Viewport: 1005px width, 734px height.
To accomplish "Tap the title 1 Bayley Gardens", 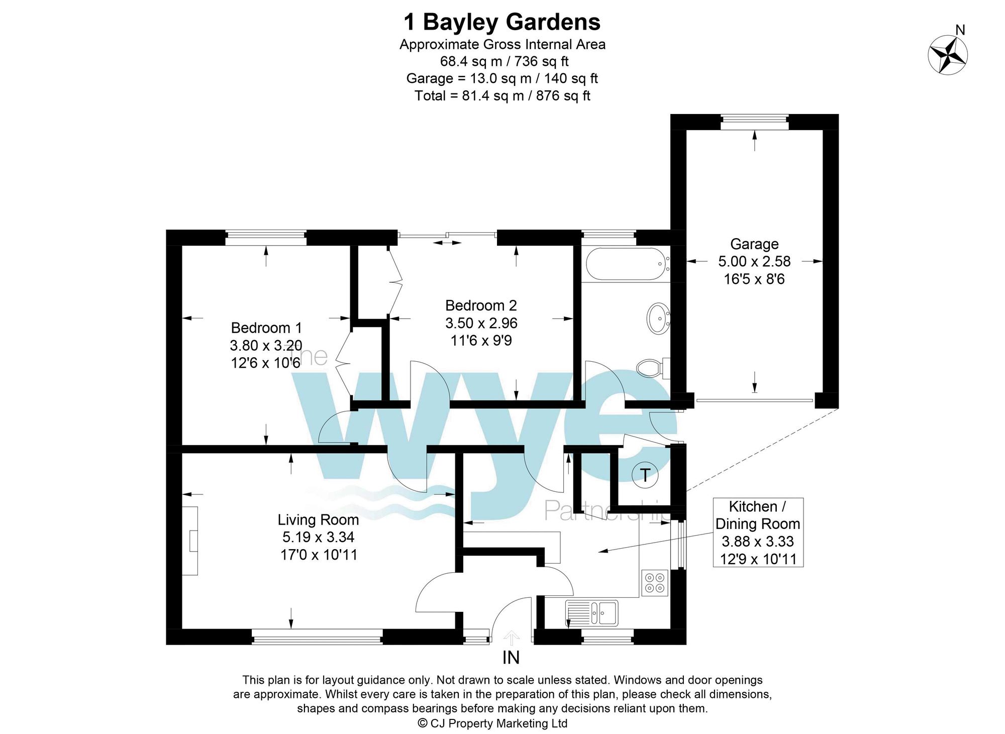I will point(502,22).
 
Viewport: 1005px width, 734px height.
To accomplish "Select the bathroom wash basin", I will point(658,319).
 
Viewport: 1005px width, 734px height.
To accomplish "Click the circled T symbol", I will point(645,475).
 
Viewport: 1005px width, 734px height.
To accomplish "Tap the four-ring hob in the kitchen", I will point(655,583).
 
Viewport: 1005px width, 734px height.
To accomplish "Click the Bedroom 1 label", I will point(266,328).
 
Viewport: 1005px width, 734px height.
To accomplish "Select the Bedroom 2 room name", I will point(481,305).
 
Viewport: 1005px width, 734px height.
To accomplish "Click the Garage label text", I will point(754,244).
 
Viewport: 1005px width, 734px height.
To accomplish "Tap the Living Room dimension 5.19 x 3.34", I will point(318,537).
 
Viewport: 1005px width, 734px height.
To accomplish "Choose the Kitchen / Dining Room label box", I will point(758,533).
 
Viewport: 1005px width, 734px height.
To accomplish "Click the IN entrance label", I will point(511,658).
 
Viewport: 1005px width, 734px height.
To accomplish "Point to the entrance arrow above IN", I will point(512,638).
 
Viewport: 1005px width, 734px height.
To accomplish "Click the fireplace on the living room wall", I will point(190,541).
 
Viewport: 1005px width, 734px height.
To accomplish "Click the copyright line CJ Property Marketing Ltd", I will point(492,723).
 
